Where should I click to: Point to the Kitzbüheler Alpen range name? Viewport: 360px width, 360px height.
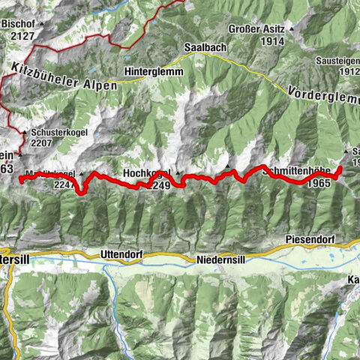coord(65,78)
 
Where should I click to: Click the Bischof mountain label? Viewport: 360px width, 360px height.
coord(19,23)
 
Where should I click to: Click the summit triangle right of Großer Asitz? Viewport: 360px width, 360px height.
coord(292,31)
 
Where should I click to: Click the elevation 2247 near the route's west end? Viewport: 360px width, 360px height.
coord(67,184)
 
